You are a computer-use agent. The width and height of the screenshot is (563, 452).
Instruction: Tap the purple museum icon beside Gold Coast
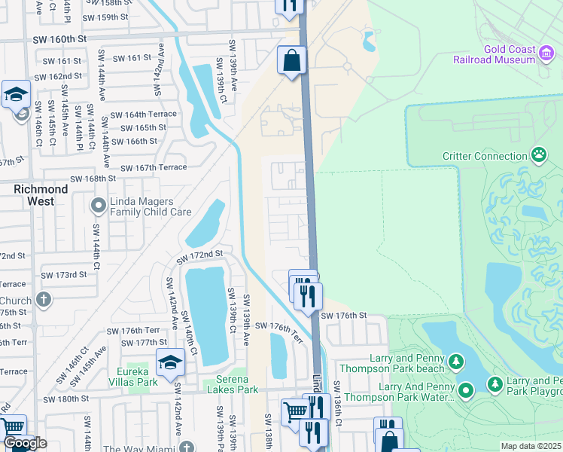[548, 50]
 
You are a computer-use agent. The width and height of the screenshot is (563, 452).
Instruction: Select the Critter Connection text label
[485, 157]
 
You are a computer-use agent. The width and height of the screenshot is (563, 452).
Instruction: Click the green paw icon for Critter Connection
[539, 156]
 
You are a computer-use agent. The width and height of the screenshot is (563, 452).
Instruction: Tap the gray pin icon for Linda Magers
[98, 205]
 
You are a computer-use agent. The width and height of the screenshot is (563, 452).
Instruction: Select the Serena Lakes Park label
[232, 385]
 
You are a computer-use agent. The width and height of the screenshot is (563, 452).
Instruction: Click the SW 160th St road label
[61, 38]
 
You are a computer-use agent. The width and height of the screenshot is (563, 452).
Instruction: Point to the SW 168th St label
[93, 179]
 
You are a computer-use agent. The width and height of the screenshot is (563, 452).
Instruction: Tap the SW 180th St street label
[66, 399]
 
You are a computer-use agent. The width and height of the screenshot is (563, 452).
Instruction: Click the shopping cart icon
[294, 411]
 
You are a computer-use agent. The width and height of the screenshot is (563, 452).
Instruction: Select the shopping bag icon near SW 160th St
[291, 60]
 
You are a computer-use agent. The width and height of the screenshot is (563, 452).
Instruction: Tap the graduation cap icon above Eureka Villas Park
[170, 362]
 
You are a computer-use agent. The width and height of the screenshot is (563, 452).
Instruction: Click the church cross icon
[44, 299]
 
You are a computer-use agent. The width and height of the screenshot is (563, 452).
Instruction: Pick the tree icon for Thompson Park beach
[455, 362]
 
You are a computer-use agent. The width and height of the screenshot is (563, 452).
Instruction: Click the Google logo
[25, 444]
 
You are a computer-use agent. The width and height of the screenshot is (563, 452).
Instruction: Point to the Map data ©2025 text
[531, 446]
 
